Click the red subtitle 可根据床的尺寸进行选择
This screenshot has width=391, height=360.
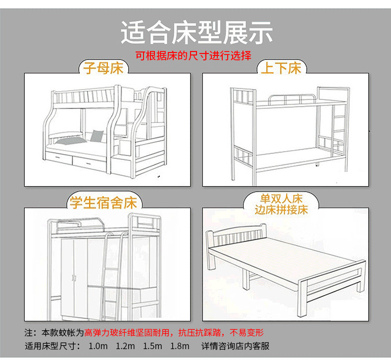(x=194, y=55)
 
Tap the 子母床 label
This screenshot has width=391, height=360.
(x=103, y=68)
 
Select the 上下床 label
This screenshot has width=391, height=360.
(x=281, y=68)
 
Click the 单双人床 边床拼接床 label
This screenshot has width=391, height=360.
(x=281, y=204)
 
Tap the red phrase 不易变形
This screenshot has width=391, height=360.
(x=247, y=332)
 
